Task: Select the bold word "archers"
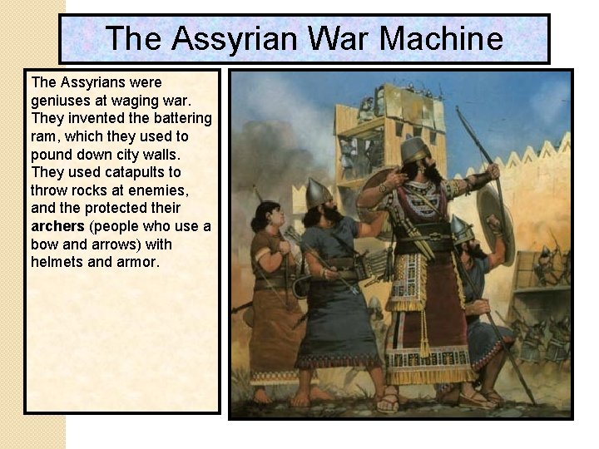57,226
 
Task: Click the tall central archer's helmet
414,149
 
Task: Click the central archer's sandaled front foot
388,403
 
